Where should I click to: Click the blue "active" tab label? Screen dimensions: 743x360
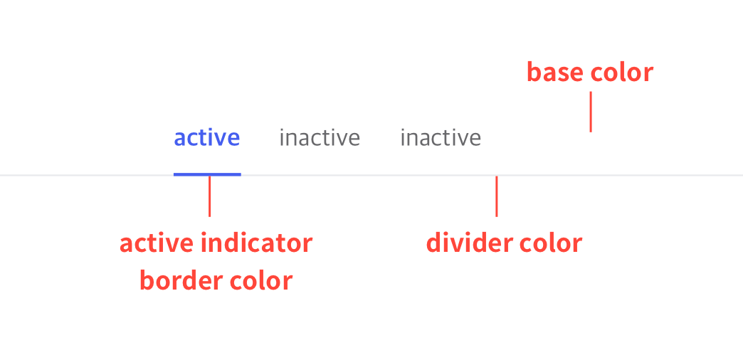[207, 138]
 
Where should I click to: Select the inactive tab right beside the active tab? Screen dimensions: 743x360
[320, 138]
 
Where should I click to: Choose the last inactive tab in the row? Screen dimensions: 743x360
[441, 138]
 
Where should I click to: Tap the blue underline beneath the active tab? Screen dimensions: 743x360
[207, 174]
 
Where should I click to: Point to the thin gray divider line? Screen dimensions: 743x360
[371, 175]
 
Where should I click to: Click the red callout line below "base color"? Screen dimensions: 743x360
[591, 112]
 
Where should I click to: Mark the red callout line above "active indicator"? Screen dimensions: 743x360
[209, 196]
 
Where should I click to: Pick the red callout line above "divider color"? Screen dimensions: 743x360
[497, 196]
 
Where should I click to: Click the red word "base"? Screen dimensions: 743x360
[555, 73]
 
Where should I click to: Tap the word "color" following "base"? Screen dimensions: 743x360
[622, 73]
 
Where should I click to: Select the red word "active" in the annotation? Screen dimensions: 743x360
[157, 243]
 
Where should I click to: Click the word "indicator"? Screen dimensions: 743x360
[256, 243]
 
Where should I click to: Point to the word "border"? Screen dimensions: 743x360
[181, 281]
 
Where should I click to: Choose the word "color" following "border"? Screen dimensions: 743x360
[261, 281]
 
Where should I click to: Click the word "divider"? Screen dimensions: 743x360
[468, 243]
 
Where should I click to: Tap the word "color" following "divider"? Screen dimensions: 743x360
[551, 243]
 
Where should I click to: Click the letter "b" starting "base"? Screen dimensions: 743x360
[534, 73]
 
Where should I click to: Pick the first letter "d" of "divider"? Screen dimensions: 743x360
[433, 243]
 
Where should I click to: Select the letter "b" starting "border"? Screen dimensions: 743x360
[147, 281]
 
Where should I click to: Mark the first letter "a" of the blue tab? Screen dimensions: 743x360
[179, 139]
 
